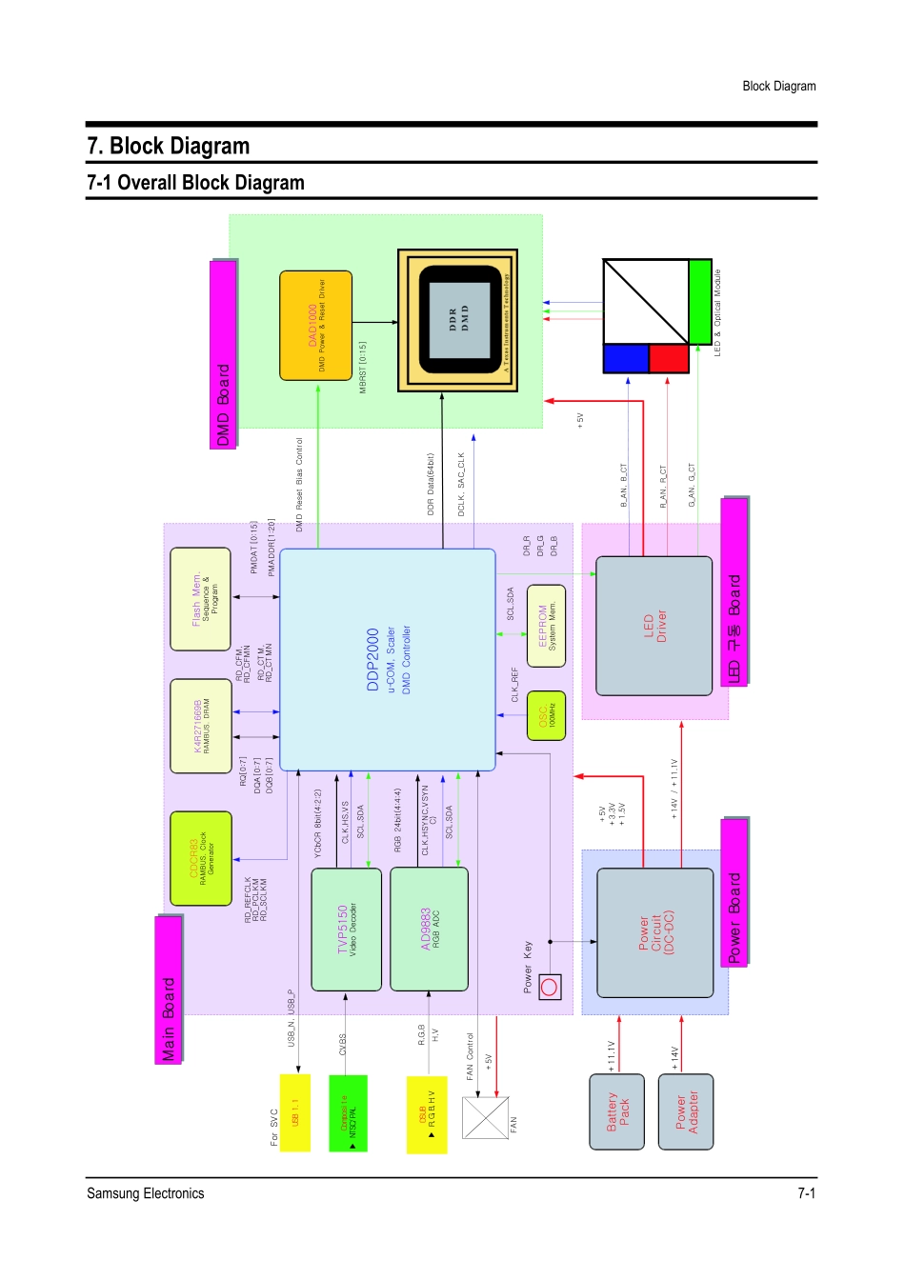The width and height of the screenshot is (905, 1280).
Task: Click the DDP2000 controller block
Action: (387, 659)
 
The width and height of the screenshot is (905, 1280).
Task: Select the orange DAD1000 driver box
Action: (315, 325)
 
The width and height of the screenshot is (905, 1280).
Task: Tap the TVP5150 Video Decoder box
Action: (346, 929)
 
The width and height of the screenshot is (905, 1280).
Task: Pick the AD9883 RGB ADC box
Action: (429, 929)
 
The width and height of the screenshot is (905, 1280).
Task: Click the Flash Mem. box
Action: (200, 599)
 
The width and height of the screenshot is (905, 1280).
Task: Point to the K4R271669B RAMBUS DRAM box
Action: (200, 726)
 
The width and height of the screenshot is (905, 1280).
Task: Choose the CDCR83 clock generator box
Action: (200, 858)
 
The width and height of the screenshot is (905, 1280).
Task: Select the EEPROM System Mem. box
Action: (546, 626)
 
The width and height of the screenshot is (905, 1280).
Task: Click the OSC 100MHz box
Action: (546, 716)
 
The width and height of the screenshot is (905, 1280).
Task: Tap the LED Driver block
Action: (654, 626)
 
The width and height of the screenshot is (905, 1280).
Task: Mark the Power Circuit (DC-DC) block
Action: (654, 932)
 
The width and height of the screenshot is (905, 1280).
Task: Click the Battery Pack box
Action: (617, 1111)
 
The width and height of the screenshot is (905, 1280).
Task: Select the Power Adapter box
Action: (686, 1111)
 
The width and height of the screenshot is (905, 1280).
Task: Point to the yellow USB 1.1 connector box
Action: (295, 1112)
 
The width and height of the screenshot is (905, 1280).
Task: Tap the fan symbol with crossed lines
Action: (485, 1117)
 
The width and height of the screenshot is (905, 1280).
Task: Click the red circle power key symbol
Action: (549, 987)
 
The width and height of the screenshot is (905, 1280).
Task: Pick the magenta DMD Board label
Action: (223, 354)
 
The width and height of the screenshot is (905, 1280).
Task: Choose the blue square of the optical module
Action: (626, 358)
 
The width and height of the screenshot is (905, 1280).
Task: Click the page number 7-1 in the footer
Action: (806, 1193)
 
